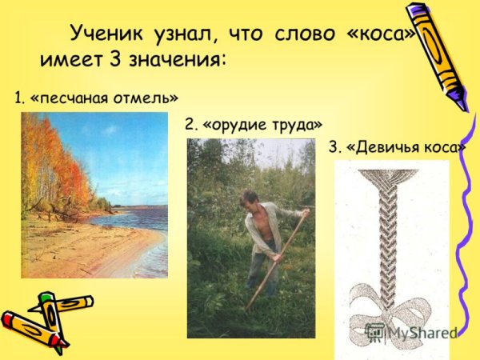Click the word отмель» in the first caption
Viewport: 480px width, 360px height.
point(149,98)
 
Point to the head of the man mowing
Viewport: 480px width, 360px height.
point(250,198)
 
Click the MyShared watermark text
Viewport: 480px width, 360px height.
point(420,332)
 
